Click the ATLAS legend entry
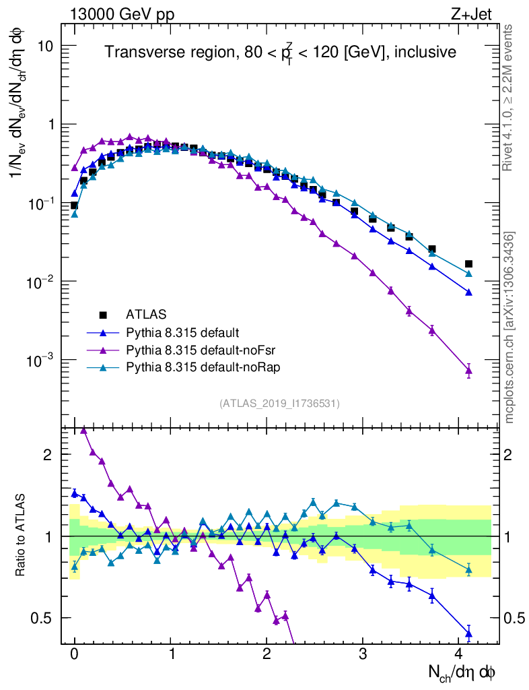[x=145, y=314]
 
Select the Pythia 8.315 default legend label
[x=182, y=332]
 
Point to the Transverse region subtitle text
[x=281, y=52]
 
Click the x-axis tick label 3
[x=363, y=655]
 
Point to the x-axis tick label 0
[x=75, y=655]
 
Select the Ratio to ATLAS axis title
[x=20, y=536]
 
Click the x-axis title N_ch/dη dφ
[x=462, y=672]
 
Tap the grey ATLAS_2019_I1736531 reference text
[x=279, y=404]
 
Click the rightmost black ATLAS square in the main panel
[x=468, y=264]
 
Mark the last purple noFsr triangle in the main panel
[x=468, y=370]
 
